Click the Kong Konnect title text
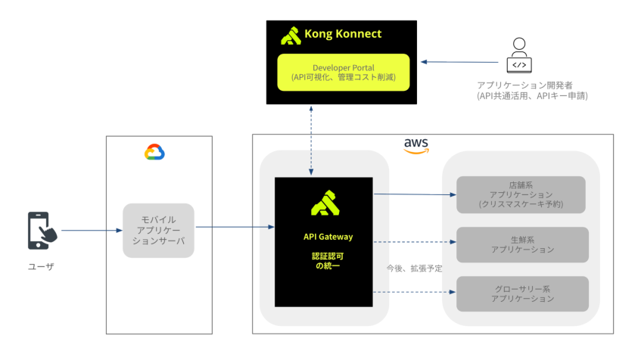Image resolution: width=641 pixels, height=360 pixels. (x=342, y=34)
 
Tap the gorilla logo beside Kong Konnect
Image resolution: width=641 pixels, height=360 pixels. (x=291, y=36)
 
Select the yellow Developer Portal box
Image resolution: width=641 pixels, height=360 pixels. (x=343, y=72)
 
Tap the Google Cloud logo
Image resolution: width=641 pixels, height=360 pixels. (x=154, y=152)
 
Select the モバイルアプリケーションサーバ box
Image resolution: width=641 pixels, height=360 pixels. (x=158, y=230)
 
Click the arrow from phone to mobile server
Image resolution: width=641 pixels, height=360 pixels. (x=91, y=230)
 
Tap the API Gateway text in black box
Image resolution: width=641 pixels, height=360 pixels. (x=323, y=237)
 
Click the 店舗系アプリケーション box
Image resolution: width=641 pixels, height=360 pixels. (x=521, y=194)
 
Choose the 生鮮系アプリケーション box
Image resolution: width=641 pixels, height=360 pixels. (x=521, y=244)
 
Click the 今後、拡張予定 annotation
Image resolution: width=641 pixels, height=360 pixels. (x=413, y=268)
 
